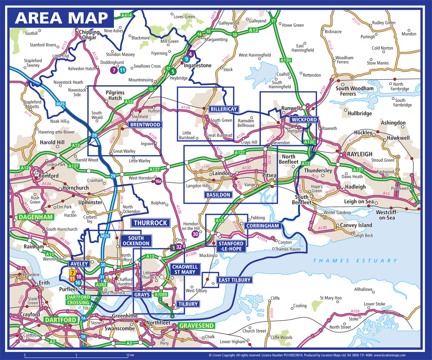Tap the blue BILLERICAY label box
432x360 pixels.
(x=223, y=109)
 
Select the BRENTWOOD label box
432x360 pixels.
(x=145, y=125)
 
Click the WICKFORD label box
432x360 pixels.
(x=304, y=120)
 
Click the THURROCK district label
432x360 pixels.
(x=150, y=223)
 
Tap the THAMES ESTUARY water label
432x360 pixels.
(x=355, y=261)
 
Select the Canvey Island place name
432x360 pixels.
(x=357, y=226)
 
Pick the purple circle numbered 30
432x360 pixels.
(x=196, y=234)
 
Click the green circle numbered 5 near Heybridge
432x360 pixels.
(x=173, y=72)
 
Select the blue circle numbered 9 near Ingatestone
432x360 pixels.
(x=186, y=59)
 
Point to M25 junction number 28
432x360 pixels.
(x=94, y=135)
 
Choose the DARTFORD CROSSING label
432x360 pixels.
(x=78, y=300)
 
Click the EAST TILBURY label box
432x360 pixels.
(x=233, y=280)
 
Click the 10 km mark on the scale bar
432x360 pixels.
(x=127, y=355)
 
